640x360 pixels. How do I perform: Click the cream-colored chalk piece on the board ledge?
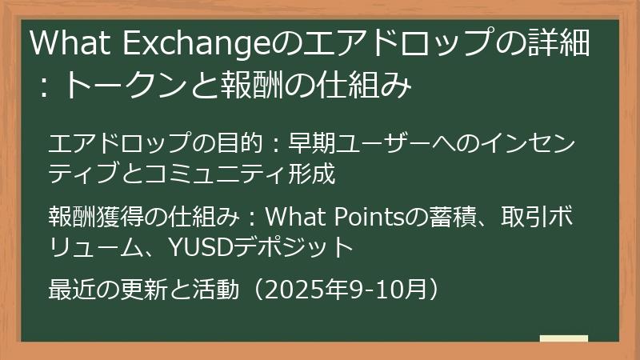pos(564,338)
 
